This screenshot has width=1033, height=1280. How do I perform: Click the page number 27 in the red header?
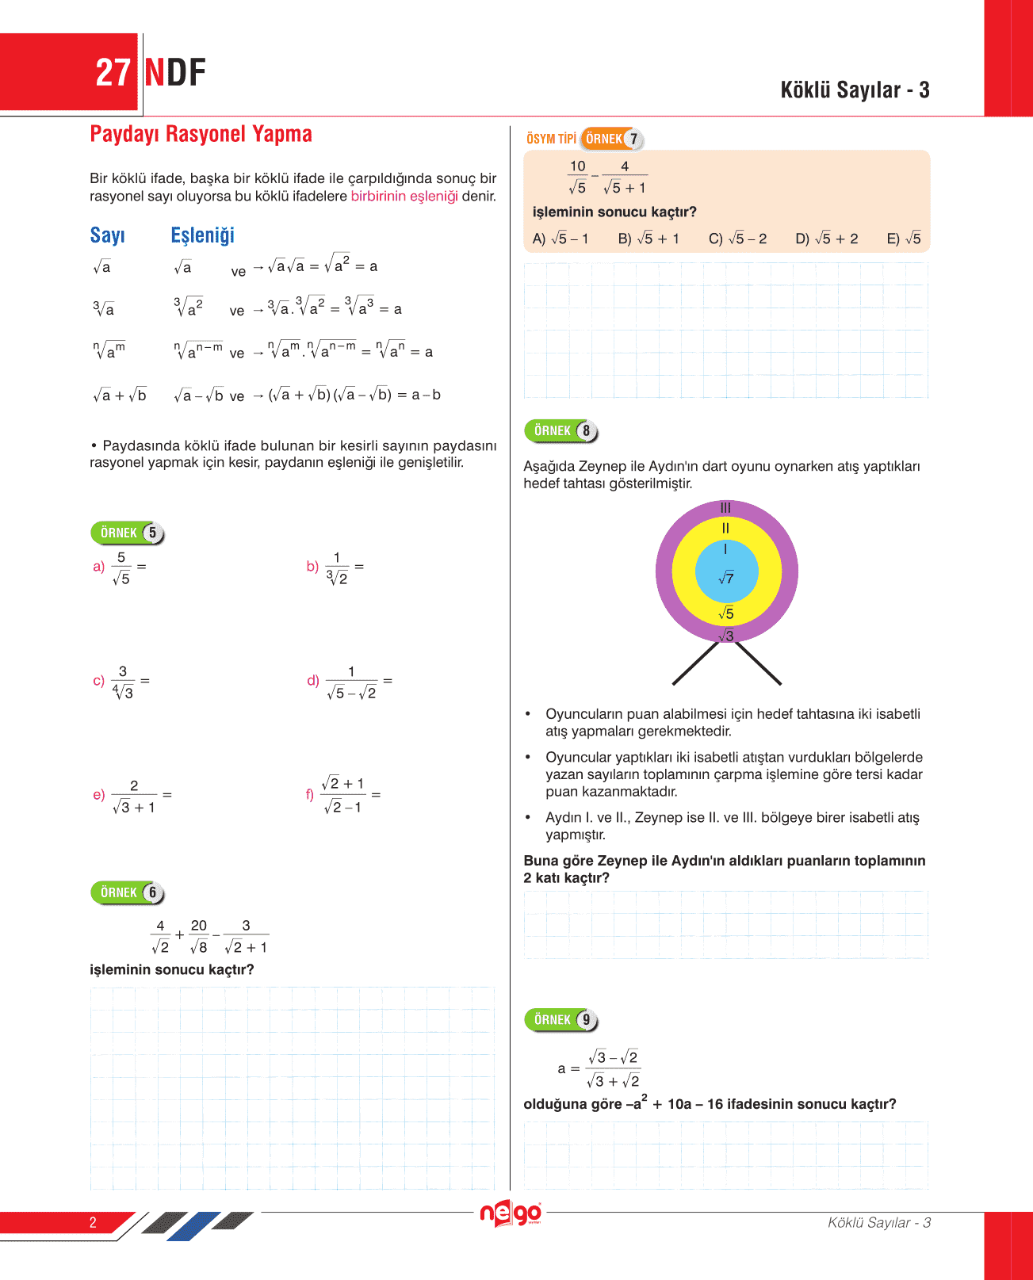(113, 73)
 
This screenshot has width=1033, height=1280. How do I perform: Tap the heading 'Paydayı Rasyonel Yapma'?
(201, 134)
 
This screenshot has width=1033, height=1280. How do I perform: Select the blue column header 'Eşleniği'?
(202, 235)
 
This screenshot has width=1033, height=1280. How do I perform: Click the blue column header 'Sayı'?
(107, 235)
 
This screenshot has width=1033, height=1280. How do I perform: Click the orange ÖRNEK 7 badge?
(611, 139)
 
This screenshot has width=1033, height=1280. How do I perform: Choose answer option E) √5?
(904, 239)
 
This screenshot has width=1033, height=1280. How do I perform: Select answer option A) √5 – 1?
(560, 239)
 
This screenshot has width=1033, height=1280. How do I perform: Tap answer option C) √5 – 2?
(737, 239)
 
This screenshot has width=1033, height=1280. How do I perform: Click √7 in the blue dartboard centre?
(726, 579)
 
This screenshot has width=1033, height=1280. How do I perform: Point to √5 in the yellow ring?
(726, 613)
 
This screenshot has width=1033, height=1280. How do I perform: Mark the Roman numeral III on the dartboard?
(725, 508)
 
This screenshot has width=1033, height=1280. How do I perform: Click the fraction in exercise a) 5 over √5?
(121, 568)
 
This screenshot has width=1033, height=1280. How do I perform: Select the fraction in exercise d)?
(351, 682)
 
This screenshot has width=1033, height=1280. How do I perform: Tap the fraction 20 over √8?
(199, 936)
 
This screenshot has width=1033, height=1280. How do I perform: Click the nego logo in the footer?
(511, 1213)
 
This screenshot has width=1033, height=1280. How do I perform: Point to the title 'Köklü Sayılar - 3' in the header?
(855, 90)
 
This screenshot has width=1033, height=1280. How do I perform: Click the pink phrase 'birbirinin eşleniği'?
(404, 196)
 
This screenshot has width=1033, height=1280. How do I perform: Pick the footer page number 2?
(93, 1222)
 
